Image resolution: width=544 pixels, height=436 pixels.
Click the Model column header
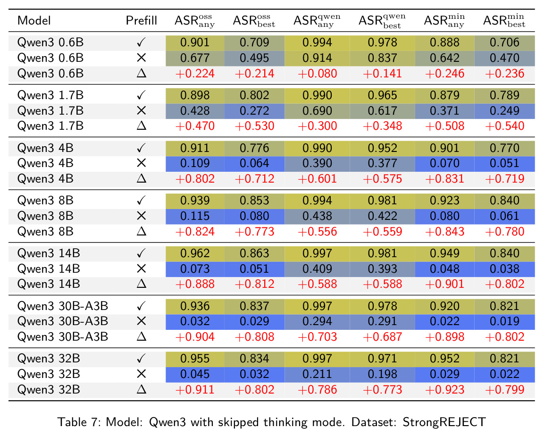(x=34, y=20)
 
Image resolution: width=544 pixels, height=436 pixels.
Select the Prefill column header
(x=141, y=20)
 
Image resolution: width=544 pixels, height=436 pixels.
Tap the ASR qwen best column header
(x=382, y=21)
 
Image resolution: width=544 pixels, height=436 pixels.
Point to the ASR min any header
(x=444, y=21)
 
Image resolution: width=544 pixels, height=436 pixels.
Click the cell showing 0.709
(x=254, y=42)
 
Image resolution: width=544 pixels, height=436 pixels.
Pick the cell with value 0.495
(x=254, y=58)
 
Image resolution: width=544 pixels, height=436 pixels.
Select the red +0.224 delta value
(x=195, y=74)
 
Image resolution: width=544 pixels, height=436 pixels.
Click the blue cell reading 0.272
(x=254, y=110)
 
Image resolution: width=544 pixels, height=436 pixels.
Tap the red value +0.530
(x=254, y=126)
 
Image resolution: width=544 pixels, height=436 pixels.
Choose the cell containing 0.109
(x=195, y=163)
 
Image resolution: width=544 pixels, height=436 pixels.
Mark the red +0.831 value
(x=444, y=179)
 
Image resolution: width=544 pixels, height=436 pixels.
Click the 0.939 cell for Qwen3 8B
(x=195, y=201)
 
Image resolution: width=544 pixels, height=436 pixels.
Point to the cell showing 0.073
(x=195, y=269)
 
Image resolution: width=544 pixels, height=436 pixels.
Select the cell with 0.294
(x=317, y=321)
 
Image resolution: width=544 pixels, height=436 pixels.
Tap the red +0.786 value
(x=317, y=389)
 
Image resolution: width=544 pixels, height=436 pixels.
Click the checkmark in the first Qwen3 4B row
(x=141, y=148)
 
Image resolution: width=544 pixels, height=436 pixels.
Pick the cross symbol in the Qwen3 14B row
(x=141, y=268)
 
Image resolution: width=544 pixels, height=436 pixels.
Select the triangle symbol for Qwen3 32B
(x=141, y=389)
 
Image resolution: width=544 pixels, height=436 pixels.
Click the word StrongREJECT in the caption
(x=444, y=422)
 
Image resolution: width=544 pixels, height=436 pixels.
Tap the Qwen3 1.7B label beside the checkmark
(x=50, y=95)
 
